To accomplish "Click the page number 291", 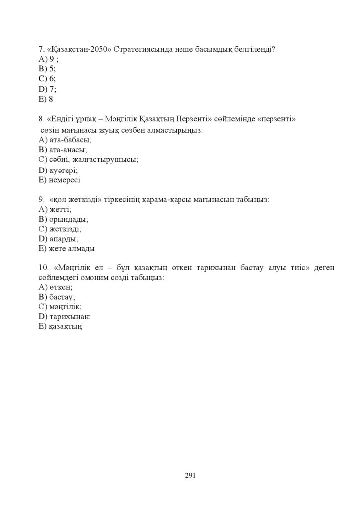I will click(190, 476).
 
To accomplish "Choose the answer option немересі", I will click(65, 180).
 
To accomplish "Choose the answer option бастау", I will click(62, 297).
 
